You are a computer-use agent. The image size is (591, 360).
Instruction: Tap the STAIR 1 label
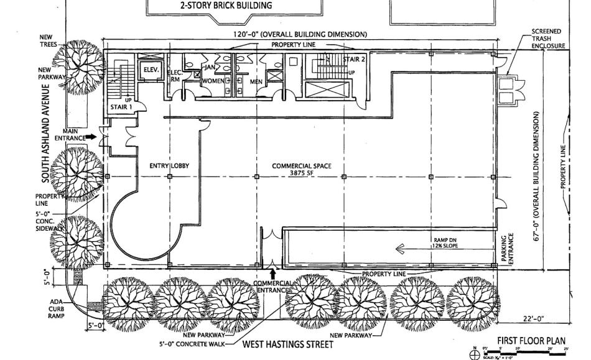(x=121, y=108)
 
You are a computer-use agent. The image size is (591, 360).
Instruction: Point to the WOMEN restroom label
(x=212, y=81)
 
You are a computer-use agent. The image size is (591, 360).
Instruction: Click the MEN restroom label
(x=256, y=81)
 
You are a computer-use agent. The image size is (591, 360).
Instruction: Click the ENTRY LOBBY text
(x=169, y=166)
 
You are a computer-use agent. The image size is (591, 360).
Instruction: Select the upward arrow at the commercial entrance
(x=272, y=274)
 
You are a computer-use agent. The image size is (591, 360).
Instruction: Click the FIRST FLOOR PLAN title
(x=530, y=341)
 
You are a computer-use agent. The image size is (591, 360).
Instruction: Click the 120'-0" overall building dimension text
(x=300, y=34)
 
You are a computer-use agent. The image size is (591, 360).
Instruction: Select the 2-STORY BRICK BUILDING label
(x=234, y=6)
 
